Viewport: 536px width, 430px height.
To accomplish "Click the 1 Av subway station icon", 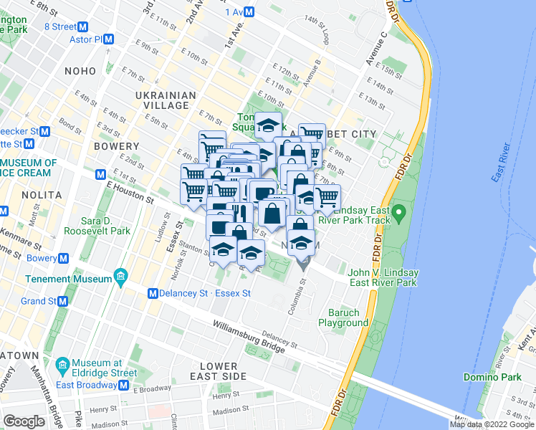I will click(x=249, y=11).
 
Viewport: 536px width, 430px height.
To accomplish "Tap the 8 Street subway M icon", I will click(x=82, y=27).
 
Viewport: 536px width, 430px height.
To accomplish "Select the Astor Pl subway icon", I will click(x=108, y=39).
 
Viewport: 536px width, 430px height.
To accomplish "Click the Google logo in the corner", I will click(x=24, y=421).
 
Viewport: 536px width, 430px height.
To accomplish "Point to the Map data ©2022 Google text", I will click(x=492, y=424).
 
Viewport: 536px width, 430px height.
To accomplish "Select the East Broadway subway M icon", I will click(x=124, y=385).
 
